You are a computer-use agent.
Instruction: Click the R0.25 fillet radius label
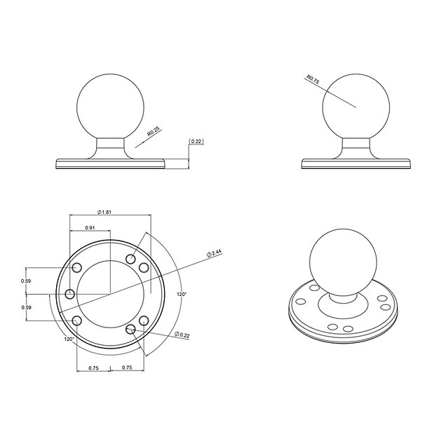(152, 133)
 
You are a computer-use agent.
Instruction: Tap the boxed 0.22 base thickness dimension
(196, 142)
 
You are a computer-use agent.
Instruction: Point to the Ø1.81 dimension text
(103, 212)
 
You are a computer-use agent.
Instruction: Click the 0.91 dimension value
(90, 227)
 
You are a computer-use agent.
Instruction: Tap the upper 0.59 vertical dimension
(26, 281)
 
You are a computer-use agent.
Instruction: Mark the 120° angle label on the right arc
(182, 295)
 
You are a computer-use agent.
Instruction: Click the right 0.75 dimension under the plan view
(128, 367)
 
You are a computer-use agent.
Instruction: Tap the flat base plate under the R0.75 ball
(356, 163)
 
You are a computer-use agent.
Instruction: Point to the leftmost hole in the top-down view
(69, 294)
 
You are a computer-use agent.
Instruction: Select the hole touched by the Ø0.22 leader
(144, 320)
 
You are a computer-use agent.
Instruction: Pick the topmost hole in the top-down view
(130, 259)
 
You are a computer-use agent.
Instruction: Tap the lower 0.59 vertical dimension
(26, 307)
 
